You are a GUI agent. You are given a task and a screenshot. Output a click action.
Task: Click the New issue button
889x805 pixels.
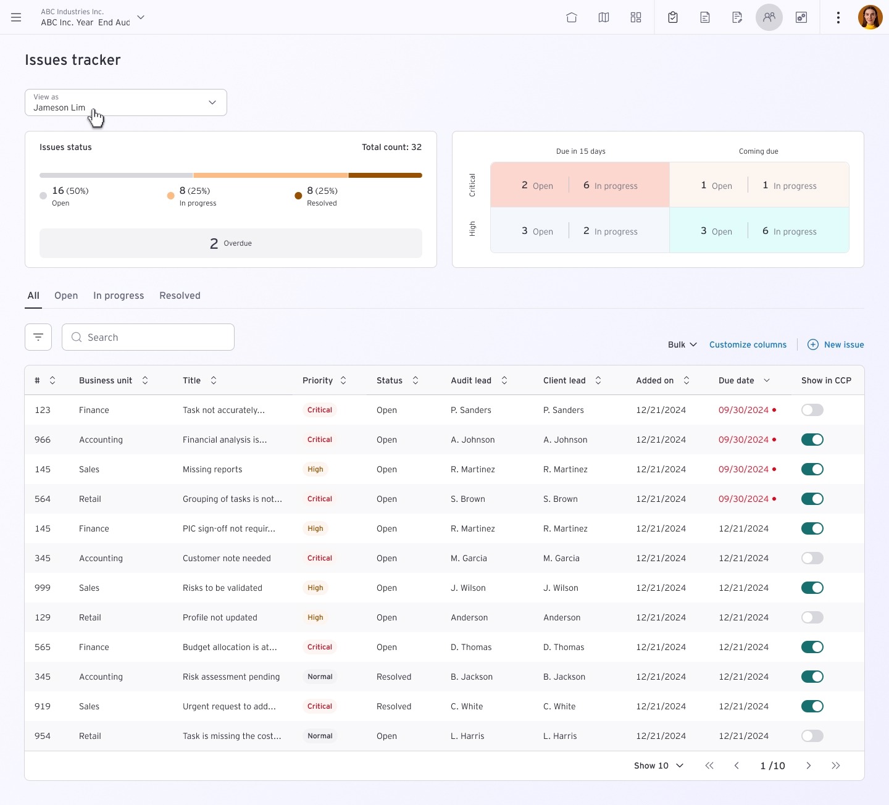835,344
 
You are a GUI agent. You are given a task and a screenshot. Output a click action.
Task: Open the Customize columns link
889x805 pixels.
748,344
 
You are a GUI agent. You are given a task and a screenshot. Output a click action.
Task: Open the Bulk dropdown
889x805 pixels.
682,344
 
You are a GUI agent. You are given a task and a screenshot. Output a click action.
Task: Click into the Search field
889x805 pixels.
148,337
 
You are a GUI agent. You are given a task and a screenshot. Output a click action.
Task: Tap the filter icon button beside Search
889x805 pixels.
38,337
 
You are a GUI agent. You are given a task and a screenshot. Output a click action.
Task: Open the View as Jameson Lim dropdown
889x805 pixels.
126,102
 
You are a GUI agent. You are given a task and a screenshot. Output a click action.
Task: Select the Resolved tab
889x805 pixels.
180,296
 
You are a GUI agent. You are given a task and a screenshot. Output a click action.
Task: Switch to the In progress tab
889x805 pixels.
119,296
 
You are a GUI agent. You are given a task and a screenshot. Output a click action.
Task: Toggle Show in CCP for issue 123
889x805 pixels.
812,410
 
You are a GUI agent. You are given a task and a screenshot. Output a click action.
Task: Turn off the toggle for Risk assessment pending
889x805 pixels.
812,677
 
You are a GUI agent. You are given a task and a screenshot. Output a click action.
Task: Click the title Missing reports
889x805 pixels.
212,469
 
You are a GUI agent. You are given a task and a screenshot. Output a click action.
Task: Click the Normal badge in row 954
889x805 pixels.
320,736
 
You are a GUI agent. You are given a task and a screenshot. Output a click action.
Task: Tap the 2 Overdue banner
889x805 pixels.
231,243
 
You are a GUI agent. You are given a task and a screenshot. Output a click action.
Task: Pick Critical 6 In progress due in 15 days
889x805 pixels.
610,185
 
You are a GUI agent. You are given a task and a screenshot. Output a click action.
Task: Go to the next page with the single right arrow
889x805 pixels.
808,765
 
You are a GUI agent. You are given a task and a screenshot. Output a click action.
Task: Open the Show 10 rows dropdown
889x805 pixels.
659,765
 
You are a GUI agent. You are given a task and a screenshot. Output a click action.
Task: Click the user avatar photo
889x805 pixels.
870,17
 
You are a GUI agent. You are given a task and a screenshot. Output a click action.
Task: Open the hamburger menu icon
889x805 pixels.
16,17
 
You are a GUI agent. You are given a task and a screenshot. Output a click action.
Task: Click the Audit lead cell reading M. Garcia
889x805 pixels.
469,558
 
